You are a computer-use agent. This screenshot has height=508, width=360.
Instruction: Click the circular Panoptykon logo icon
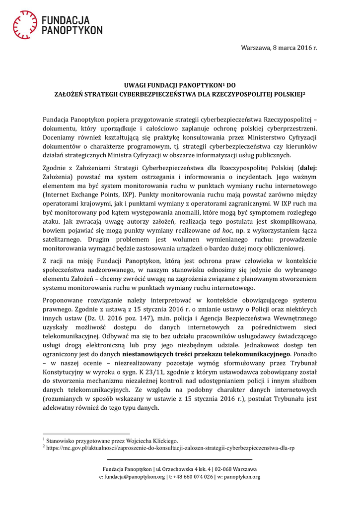(x=25, y=25)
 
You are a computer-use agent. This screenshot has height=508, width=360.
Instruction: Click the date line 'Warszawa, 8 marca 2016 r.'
(x=279, y=48)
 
